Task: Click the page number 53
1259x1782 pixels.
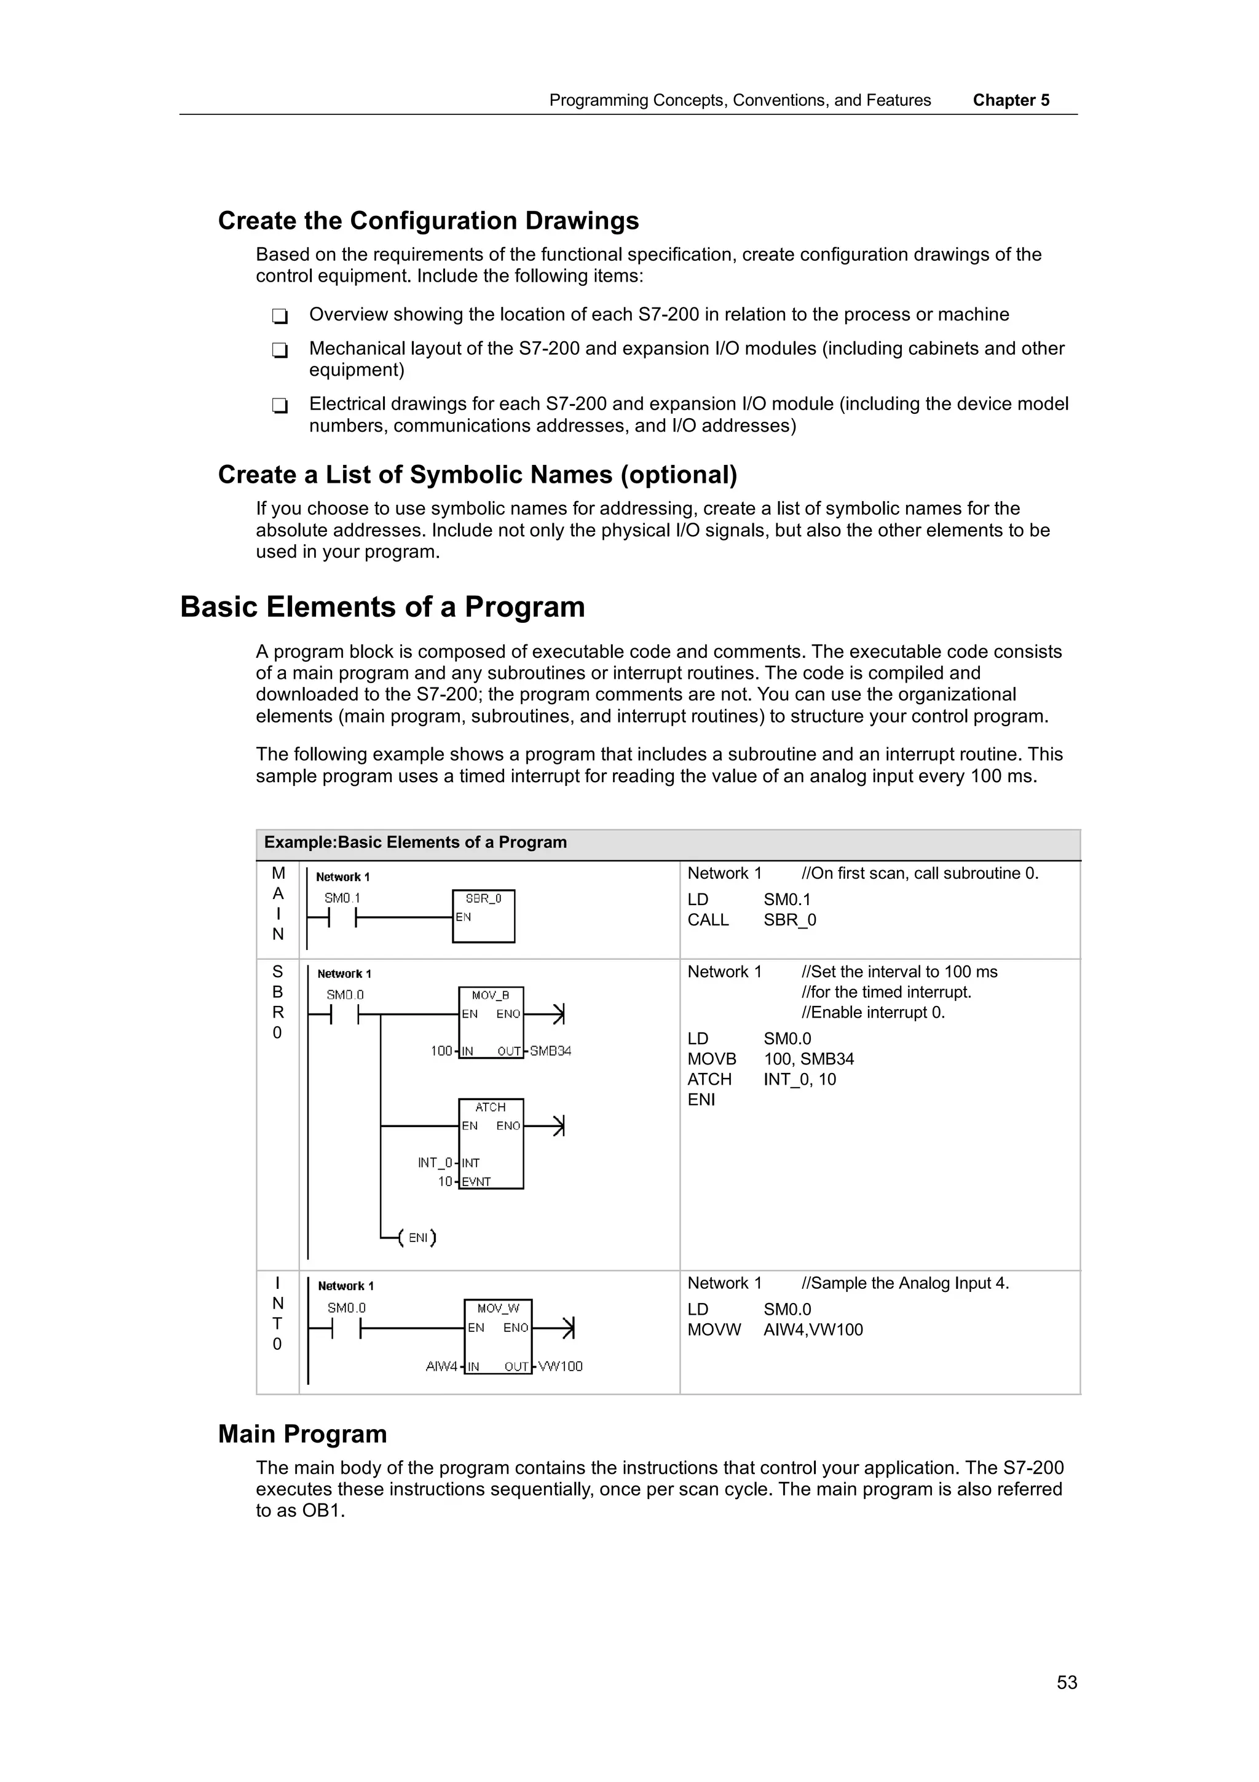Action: [x=1066, y=1682]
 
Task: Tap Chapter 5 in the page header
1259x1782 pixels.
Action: [x=1010, y=100]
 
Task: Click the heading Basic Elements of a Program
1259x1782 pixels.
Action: [x=382, y=607]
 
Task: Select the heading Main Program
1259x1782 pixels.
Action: [x=302, y=1433]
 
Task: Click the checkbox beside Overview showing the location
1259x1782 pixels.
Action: [x=280, y=316]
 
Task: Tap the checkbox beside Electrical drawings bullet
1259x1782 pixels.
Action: [x=280, y=405]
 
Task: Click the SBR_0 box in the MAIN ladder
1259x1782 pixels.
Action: [x=483, y=917]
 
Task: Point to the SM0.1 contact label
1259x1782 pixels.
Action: [x=342, y=898]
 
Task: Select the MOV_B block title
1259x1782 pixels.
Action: [x=490, y=995]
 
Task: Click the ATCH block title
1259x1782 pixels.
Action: [x=490, y=1107]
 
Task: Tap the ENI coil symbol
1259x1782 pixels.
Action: [x=417, y=1237]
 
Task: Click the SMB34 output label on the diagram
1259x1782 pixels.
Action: [x=550, y=1051]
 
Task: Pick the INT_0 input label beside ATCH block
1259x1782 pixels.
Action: [x=435, y=1163]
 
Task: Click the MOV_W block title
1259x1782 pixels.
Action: [x=497, y=1309]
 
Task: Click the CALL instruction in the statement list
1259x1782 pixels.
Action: [x=708, y=920]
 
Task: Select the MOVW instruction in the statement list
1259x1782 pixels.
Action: [x=714, y=1329]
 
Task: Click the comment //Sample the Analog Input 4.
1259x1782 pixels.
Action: [x=904, y=1283]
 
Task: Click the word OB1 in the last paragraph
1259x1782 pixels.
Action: [x=321, y=1510]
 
